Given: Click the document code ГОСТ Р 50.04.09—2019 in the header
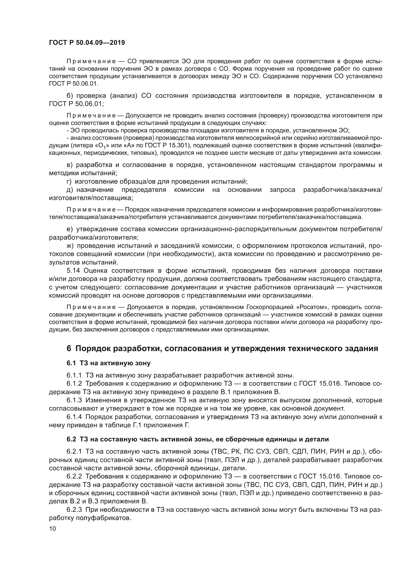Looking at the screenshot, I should tap(87, 43).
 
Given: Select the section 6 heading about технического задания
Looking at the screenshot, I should tap(222, 348).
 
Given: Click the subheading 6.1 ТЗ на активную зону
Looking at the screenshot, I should tap(109, 363).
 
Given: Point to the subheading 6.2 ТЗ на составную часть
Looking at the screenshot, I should tap(198, 439).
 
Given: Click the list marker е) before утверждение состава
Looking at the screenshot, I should tap(69, 229).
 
